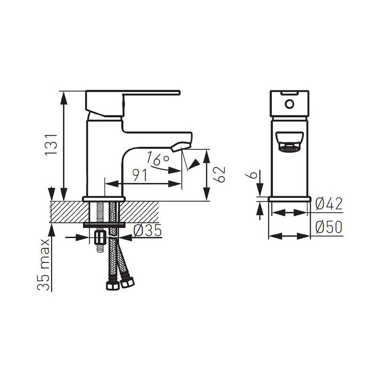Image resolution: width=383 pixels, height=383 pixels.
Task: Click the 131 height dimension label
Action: coord(51,144)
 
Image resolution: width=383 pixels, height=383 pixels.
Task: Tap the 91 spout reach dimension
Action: coord(140,175)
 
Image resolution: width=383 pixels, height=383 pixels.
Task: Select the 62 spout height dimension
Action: coord(219,174)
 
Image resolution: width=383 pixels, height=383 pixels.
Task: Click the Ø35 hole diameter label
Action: coord(147,230)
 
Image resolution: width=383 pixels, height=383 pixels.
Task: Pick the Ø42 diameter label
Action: coord(329,204)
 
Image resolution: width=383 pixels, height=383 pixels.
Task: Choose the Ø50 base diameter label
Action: coord(329,227)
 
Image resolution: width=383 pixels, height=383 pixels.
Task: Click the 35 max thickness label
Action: coord(44,265)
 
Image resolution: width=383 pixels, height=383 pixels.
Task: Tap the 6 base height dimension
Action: coord(254,175)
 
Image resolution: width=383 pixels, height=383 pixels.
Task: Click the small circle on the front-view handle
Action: coord(289,104)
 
